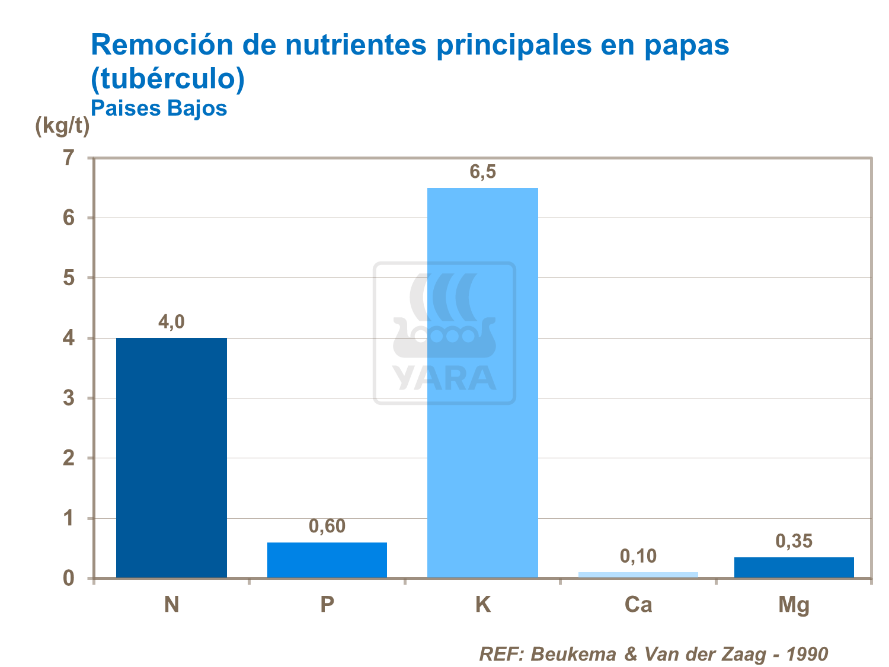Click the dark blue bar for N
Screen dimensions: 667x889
pos(171,458)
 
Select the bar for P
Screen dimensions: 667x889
pos(327,560)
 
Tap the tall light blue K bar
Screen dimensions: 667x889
pos(482,382)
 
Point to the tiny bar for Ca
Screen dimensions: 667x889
pos(638,575)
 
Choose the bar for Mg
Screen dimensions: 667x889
pos(794,567)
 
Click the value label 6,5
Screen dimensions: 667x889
pos(482,172)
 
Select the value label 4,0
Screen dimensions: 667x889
pos(171,322)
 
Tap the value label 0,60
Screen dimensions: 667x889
pos(327,526)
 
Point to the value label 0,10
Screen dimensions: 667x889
pos(638,556)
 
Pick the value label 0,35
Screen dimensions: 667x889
pos(794,541)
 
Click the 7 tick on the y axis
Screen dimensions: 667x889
pos(69,158)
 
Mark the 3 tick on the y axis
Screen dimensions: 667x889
pos(69,398)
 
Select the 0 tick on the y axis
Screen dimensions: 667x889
pos(69,578)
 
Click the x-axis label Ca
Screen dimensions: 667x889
pos(638,605)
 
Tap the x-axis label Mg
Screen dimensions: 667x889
pos(794,605)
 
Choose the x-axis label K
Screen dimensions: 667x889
pos(482,605)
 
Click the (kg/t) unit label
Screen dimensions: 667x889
pos(62,126)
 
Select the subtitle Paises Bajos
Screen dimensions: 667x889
pos(159,108)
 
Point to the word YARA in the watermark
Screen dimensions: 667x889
pos(444,378)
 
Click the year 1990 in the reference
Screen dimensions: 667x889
pos(807,654)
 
